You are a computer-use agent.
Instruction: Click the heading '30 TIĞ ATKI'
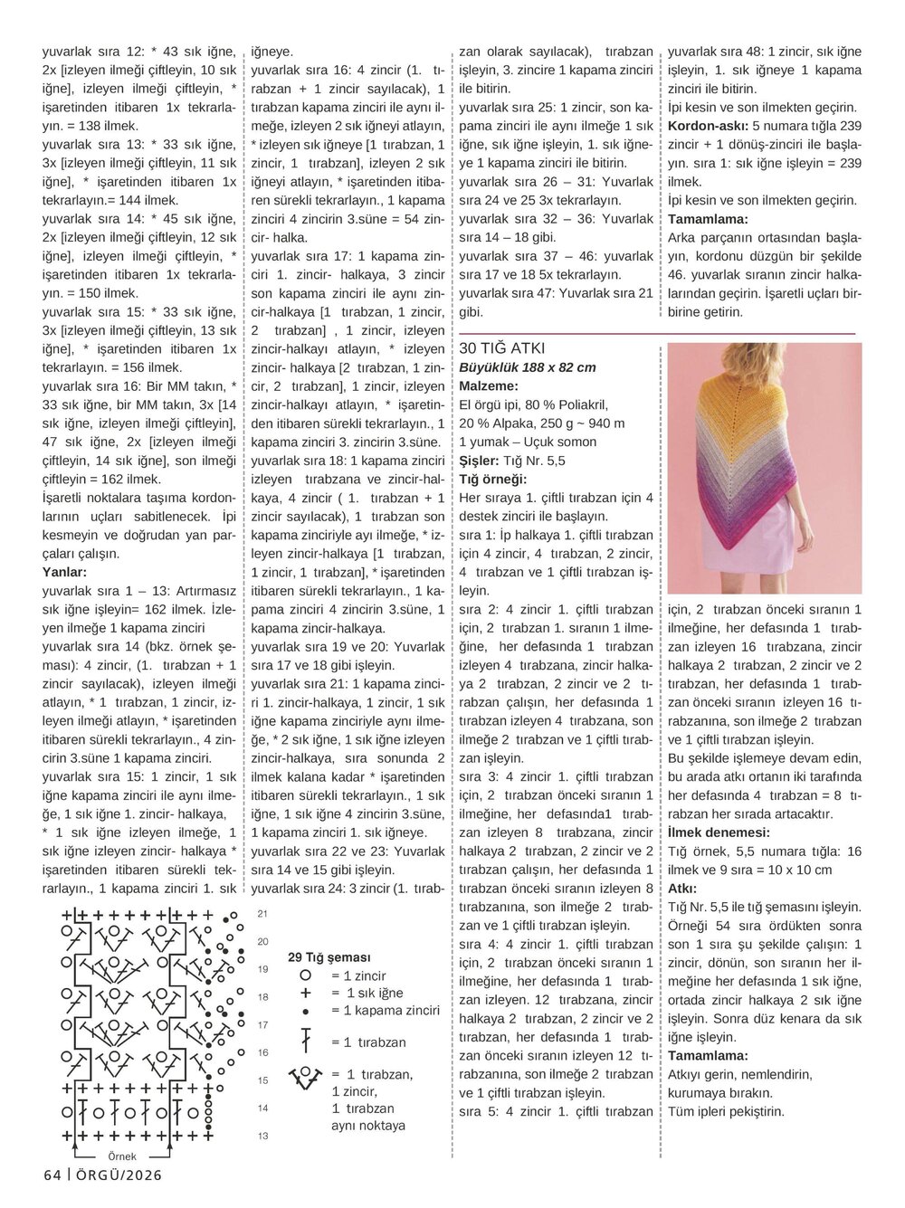(x=502, y=348)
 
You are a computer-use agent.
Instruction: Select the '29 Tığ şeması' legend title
(x=329, y=957)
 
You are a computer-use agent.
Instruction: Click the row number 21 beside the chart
(x=262, y=914)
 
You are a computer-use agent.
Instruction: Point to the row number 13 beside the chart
(x=262, y=1136)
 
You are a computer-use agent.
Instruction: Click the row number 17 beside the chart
(x=262, y=1025)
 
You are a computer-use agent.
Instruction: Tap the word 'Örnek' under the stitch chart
(x=122, y=1156)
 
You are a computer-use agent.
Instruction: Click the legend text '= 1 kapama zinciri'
(x=386, y=1011)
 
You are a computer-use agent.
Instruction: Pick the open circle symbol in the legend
(x=306, y=975)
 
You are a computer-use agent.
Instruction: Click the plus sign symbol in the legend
(x=306, y=994)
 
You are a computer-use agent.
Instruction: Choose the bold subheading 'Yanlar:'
(x=65, y=572)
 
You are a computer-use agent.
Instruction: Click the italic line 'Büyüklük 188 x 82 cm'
(x=528, y=367)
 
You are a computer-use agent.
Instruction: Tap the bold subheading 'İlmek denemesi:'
(x=719, y=832)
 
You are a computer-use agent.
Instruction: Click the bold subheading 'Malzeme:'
(x=488, y=386)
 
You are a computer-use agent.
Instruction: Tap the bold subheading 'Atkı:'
(x=683, y=889)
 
